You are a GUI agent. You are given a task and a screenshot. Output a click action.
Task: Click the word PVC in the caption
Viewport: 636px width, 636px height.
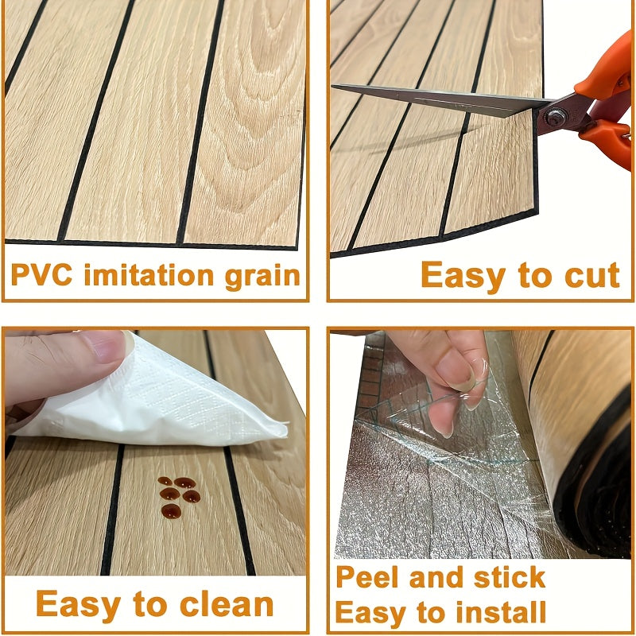coord(42,275)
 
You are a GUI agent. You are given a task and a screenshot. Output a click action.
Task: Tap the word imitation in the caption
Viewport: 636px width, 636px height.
coord(149,274)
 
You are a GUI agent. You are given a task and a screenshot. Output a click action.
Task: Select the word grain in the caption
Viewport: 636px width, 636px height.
coord(263,277)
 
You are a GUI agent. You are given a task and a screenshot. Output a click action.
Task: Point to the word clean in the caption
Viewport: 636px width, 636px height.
coord(227,604)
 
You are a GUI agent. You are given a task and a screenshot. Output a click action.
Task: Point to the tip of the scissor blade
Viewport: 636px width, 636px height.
coord(333,86)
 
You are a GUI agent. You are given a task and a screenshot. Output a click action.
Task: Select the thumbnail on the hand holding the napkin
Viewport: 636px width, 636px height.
coord(107,346)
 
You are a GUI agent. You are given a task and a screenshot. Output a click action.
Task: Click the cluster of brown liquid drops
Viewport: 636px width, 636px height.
coord(178,497)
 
